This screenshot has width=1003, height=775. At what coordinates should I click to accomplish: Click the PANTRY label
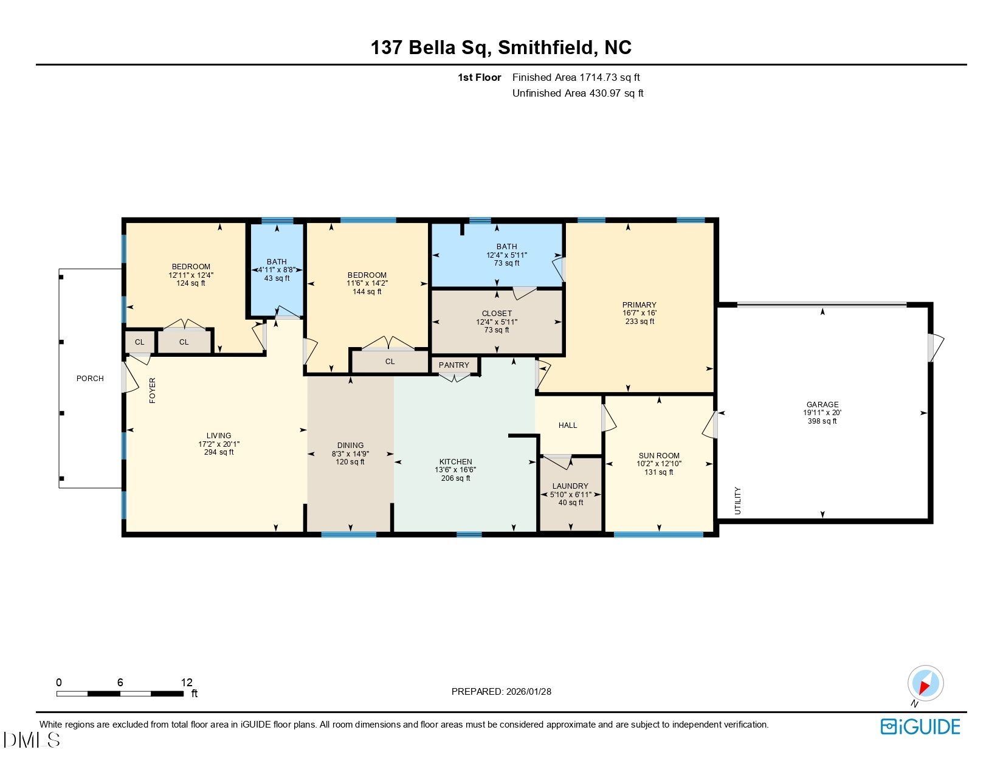pyautogui.click(x=453, y=365)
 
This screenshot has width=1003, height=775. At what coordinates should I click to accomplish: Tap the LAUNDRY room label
pyautogui.click(x=570, y=486)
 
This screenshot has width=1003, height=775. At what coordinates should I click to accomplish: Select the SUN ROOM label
pyautogui.click(x=659, y=456)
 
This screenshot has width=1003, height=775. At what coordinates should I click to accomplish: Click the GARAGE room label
pyautogui.click(x=822, y=405)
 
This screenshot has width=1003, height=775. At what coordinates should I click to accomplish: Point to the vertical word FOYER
pyautogui.click(x=153, y=390)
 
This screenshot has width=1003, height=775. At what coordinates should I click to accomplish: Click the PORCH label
pyautogui.click(x=90, y=379)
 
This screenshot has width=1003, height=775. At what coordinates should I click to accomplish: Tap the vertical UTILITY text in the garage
pyautogui.click(x=738, y=500)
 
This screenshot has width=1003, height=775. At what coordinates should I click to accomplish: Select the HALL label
pyautogui.click(x=568, y=425)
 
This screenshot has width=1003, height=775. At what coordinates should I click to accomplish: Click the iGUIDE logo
pyautogui.click(x=920, y=726)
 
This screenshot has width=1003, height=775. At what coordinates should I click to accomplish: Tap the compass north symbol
pyautogui.click(x=925, y=683)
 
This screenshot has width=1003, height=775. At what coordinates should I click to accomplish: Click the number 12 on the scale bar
pyautogui.click(x=187, y=683)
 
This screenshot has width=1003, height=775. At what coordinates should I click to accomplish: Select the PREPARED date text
pyautogui.click(x=501, y=692)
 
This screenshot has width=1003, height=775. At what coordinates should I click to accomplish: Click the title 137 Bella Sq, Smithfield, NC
pyautogui.click(x=501, y=47)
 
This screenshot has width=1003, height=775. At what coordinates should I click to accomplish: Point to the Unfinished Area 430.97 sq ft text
pyautogui.click(x=577, y=93)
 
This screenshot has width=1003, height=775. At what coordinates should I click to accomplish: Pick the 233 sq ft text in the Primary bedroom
pyautogui.click(x=639, y=322)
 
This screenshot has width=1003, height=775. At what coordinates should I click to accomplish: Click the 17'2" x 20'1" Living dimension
pyautogui.click(x=219, y=444)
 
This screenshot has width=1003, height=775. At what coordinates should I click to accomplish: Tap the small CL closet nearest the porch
pyautogui.click(x=140, y=342)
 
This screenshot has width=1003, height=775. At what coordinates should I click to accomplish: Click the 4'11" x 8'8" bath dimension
pyautogui.click(x=277, y=270)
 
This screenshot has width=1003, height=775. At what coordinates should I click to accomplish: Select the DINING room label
pyautogui.click(x=350, y=446)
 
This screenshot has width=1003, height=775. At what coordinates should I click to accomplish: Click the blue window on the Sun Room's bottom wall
pyautogui.click(x=658, y=535)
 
